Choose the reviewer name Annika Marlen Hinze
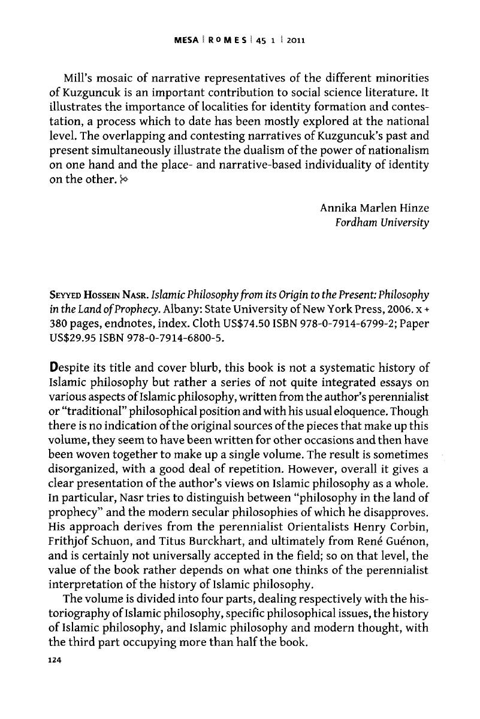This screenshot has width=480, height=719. click(375, 208)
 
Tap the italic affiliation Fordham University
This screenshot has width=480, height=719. click(384, 223)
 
